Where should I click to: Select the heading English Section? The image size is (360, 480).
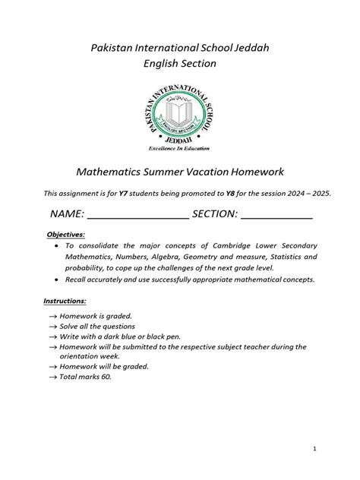(x=180, y=64)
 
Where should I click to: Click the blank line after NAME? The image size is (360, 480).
(x=138, y=216)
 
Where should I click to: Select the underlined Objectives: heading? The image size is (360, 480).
(x=67, y=235)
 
